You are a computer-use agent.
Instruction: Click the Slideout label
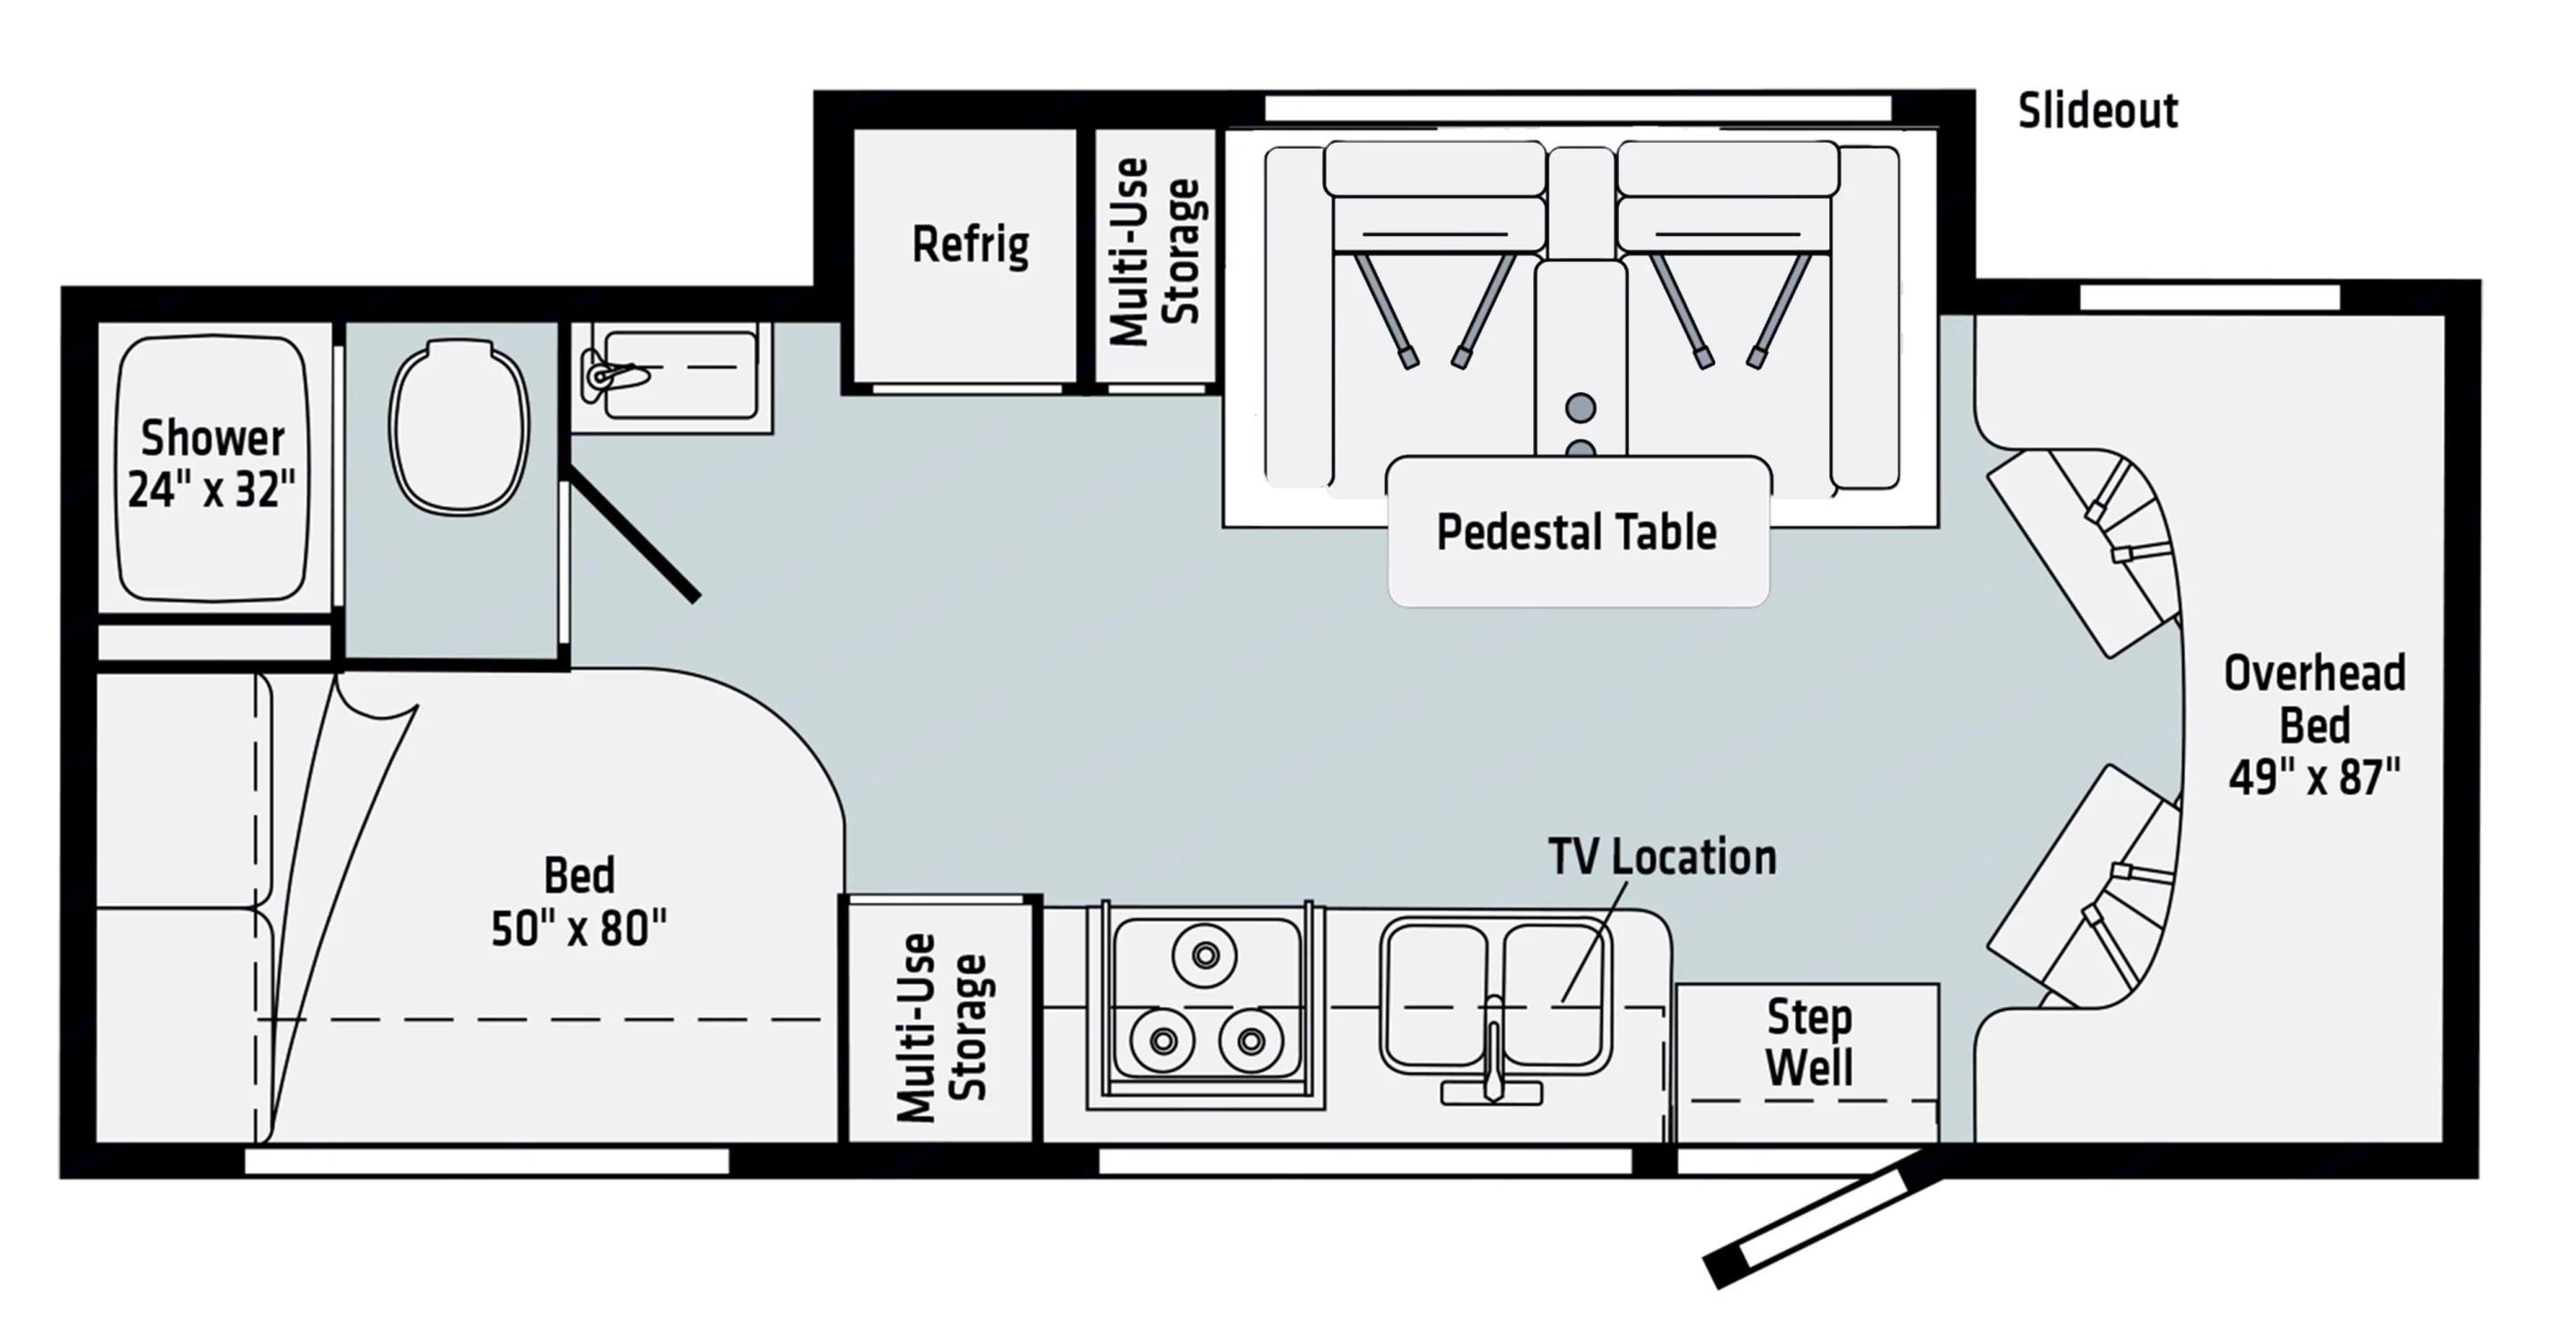(x=2096, y=111)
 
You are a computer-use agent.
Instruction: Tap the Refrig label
(x=970, y=245)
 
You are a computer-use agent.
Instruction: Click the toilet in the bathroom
(x=458, y=426)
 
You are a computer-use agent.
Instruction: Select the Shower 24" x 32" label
(x=212, y=464)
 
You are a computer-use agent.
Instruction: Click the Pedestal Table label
(x=1576, y=532)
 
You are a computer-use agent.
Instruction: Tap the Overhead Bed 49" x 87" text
(x=2314, y=726)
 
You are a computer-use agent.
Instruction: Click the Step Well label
(x=1808, y=1043)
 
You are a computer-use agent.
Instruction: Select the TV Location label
(x=1662, y=857)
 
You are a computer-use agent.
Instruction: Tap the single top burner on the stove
(x=1205, y=956)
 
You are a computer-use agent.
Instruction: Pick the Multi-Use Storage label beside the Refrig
(x=1156, y=252)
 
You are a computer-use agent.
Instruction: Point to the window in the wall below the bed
(x=486, y=1161)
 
